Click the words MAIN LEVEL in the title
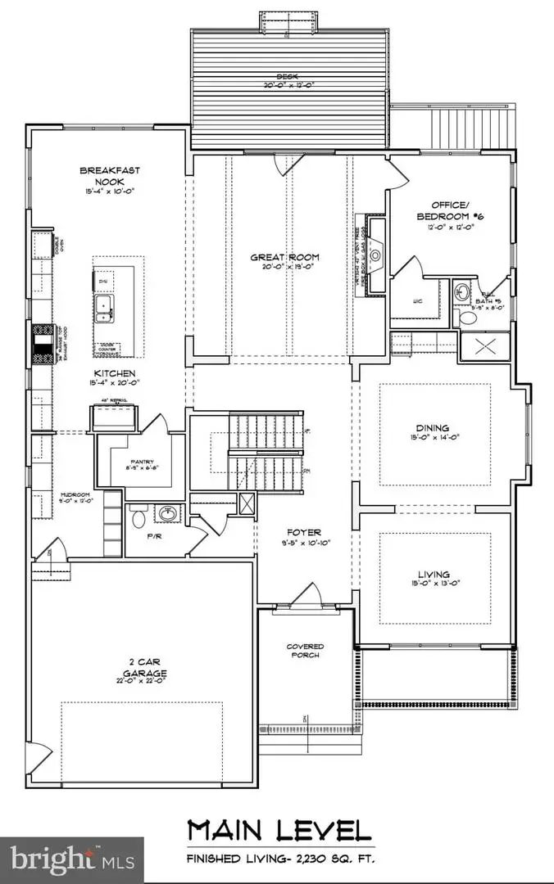point(278,831)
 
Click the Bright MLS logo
point(70,859)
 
